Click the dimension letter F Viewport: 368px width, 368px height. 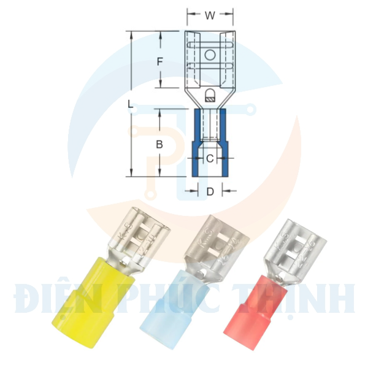click(159, 61)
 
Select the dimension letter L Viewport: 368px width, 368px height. click(130, 105)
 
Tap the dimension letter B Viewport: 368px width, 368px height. click(159, 145)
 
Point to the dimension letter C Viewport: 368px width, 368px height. click(209, 159)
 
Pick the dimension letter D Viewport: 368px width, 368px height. click(210, 192)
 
